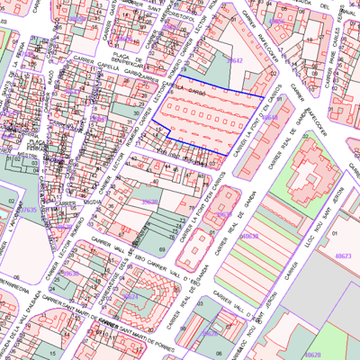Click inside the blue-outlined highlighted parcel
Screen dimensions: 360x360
[x=211, y=121]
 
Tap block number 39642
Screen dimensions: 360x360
[x=235, y=59]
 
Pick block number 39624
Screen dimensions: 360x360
[x=131, y=295]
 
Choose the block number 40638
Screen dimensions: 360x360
[x=249, y=236]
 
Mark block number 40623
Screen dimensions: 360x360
[x=341, y=256]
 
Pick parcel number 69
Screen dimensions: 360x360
[x=161, y=248]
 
